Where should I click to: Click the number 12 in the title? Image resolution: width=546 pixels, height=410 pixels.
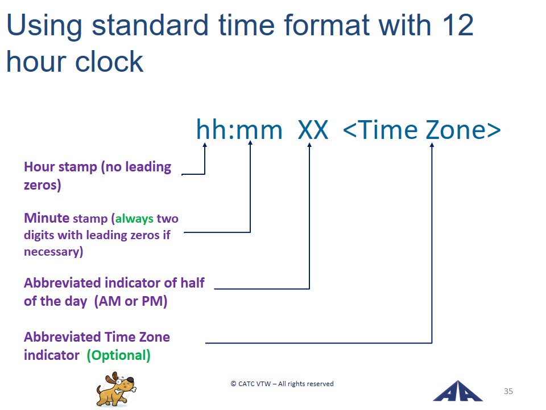click(458, 25)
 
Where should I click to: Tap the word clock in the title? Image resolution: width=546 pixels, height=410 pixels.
click(109, 61)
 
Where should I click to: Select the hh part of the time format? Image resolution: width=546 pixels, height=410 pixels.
click(214, 129)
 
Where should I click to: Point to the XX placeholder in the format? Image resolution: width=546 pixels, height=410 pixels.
click(313, 130)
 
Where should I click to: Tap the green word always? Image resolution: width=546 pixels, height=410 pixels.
click(134, 219)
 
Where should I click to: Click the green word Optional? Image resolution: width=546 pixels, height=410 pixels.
click(119, 355)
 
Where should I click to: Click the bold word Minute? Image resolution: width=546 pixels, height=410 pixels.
click(47, 218)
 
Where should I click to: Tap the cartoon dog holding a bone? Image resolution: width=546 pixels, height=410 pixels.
click(115, 389)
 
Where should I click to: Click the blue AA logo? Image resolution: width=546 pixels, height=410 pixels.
click(457, 391)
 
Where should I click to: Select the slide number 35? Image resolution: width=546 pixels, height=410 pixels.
click(508, 391)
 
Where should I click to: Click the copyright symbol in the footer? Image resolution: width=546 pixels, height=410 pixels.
click(233, 384)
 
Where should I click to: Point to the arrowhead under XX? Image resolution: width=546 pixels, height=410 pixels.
click(309, 145)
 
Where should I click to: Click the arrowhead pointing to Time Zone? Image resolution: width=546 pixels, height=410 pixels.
click(432, 145)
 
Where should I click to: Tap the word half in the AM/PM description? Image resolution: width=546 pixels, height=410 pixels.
click(192, 283)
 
